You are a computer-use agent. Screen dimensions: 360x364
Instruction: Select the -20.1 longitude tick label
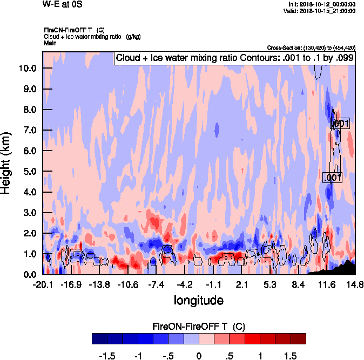(x=43, y=284)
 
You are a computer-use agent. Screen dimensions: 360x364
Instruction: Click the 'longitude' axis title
(x=198, y=300)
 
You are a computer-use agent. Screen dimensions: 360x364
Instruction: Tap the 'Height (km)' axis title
(x=7, y=164)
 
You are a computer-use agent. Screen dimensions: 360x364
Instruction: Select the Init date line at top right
(x=322, y=4)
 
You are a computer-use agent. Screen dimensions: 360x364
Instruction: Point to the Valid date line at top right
(x=322, y=10)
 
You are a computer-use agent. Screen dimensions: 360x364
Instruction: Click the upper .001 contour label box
(x=340, y=124)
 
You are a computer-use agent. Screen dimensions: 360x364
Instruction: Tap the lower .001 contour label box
(x=332, y=178)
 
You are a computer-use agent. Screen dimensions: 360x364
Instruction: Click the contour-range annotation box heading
(x=235, y=58)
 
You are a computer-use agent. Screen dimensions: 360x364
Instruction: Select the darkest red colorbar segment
(x=298, y=338)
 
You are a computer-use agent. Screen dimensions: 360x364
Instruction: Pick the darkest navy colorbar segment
(x=100, y=338)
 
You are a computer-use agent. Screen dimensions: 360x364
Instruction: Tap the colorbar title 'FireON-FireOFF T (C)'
(x=199, y=327)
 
